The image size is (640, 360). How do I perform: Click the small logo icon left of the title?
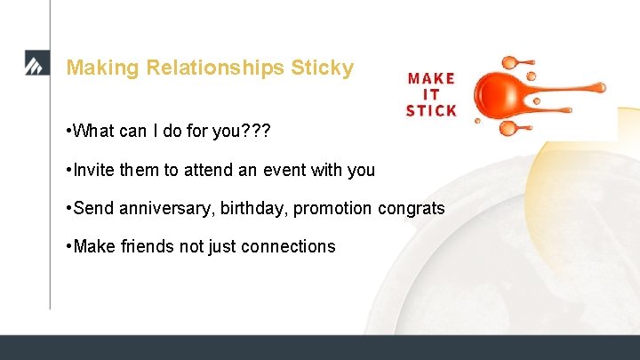36,64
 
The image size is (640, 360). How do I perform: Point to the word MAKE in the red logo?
431,78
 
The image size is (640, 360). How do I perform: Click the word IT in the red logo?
431,94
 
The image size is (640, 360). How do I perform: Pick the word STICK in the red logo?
431,111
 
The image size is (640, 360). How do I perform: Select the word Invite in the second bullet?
94,170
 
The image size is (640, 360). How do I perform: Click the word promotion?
333,208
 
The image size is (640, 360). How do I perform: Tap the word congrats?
412,208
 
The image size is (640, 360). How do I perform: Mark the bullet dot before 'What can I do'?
68,132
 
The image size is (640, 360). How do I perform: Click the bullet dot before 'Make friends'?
68,246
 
